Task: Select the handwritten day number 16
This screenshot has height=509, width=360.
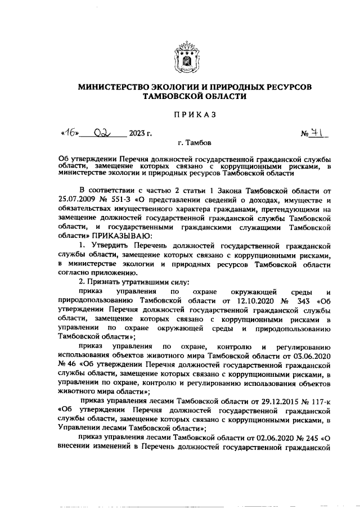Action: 69,133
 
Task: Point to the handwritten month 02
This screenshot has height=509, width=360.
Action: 104,133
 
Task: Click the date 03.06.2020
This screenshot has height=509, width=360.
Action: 311,356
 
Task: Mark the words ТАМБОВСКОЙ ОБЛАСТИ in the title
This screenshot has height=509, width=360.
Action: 181,97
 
